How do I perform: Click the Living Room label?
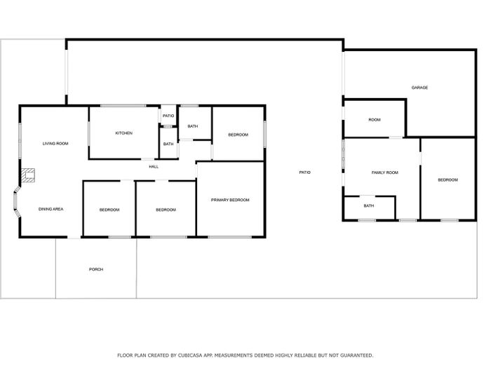coord(55,144)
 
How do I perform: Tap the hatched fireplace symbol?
coord(28,175)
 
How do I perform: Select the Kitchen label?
coord(124,133)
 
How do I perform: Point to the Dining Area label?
coord(51,209)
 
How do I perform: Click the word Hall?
coord(154,167)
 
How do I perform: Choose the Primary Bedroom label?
coord(230,200)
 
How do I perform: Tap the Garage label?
coord(419,88)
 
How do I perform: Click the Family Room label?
coord(385,172)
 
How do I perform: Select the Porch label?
coord(96,269)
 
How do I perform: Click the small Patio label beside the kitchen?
coord(168,116)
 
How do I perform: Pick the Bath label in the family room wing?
coord(369,205)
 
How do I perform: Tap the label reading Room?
coord(375,120)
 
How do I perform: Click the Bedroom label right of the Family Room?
coord(448,180)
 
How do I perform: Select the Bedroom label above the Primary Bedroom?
coord(238,135)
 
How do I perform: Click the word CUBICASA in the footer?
coord(190,355)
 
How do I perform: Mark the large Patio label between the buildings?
coord(304,172)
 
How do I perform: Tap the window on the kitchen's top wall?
coord(123,106)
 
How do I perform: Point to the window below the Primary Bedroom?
coord(230,237)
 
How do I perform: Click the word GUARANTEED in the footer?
coord(356,355)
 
